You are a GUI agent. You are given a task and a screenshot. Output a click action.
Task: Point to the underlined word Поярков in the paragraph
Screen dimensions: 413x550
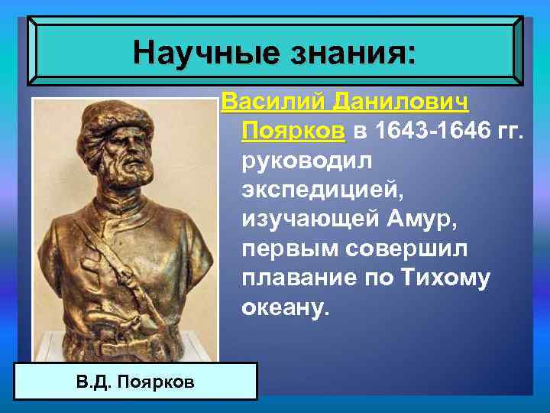pyautogui.click(x=293, y=132)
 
